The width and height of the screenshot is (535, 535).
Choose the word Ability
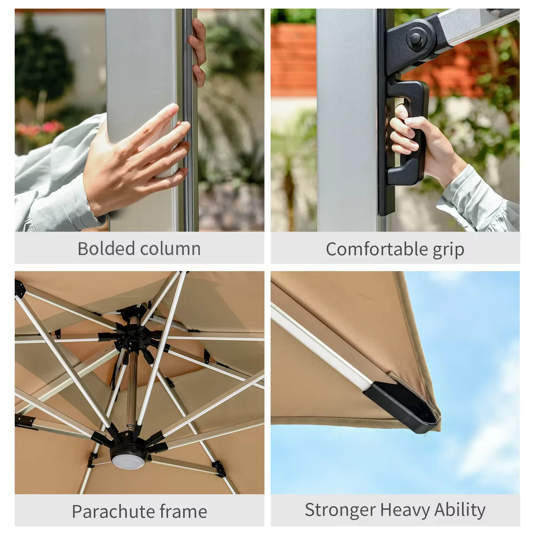460,510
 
